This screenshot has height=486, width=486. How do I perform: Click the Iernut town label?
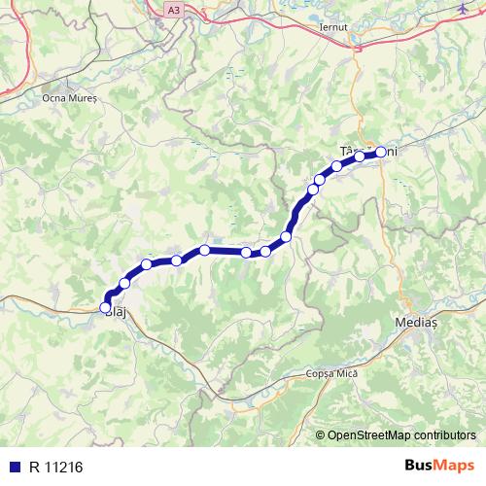click(x=333, y=27)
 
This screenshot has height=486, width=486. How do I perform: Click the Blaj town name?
click(x=115, y=312)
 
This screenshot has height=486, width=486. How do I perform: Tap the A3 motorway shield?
click(x=173, y=9)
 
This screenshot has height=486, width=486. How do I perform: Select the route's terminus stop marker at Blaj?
click(x=106, y=307)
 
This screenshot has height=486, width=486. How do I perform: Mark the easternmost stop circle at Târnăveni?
click(x=381, y=151)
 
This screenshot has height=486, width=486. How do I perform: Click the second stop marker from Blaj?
click(x=124, y=284)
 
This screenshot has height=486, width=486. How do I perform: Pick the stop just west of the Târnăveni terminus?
click(x=360, y=156)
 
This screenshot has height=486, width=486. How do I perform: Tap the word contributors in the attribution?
click(x=446, y=434)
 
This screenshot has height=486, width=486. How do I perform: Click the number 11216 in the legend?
click(x=63, y=466)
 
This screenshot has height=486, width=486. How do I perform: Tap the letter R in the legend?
click(x=35, y=466)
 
